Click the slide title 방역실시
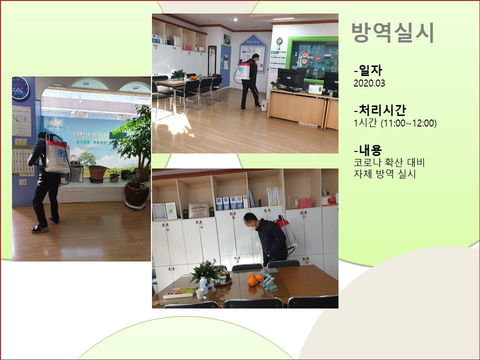[392, 33]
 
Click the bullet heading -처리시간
[379, 110]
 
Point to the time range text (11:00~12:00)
[408, 123]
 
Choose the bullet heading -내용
[367, 149]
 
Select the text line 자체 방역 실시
[384, 174]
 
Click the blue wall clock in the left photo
[20, 88]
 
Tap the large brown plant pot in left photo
[136, 194]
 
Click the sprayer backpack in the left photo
[57, 155]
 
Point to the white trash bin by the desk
[264, 105]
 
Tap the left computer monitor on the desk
[291, 78]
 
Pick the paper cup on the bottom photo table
[199, 293]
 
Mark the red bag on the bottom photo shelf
[305, 202]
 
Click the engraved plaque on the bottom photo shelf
[198, 209]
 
